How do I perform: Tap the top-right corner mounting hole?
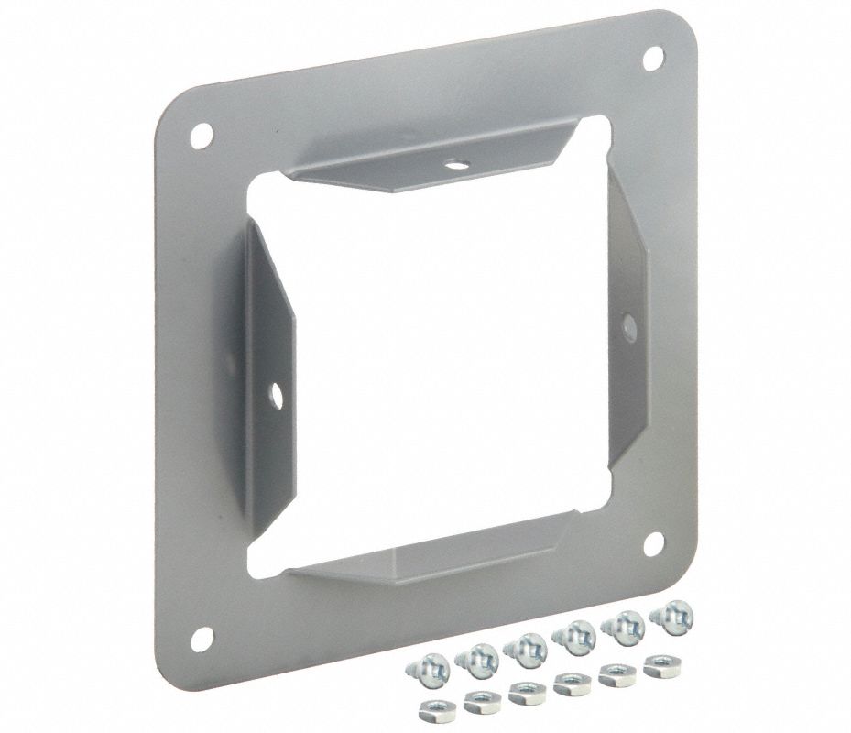coord(653,57)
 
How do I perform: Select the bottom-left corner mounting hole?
coord(202,638)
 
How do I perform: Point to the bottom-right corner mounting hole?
coord(653,543)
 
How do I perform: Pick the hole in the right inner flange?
coord(627,323)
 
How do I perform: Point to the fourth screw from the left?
coord(577,638)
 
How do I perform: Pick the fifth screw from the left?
coord(624,628)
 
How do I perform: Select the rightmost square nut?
coord(660,664)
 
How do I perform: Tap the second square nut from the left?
coord(479,701)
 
